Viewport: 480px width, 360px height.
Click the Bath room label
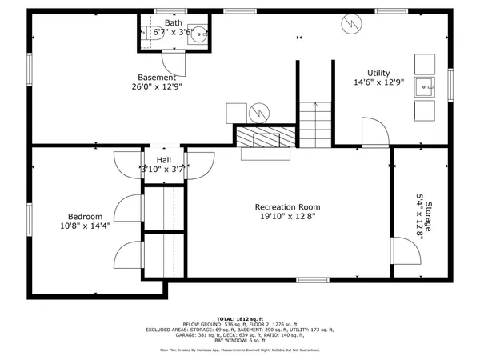(x=173, y=22)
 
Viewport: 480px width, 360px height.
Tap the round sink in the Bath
(x=201, y=34)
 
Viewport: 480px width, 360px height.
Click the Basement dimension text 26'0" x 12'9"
(x=156, y=88)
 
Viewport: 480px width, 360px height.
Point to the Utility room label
(x=379, y=72)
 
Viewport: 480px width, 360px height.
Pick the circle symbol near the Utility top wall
(x=350, y=25)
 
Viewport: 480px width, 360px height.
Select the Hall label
(x=163, y=159)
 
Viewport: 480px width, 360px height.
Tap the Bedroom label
(x=84, y=216)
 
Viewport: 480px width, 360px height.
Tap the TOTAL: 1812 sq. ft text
(x=239, y=318)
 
